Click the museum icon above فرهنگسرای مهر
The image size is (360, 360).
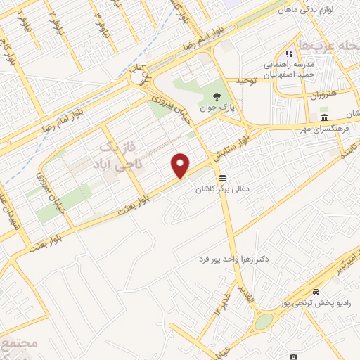pos(323,117)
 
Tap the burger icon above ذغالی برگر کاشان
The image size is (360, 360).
pos(223,177)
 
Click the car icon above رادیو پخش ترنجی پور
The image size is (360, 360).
pos(316,291)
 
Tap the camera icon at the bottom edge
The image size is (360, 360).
pos(294,356)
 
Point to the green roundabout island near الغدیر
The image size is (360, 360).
pos(264,321)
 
